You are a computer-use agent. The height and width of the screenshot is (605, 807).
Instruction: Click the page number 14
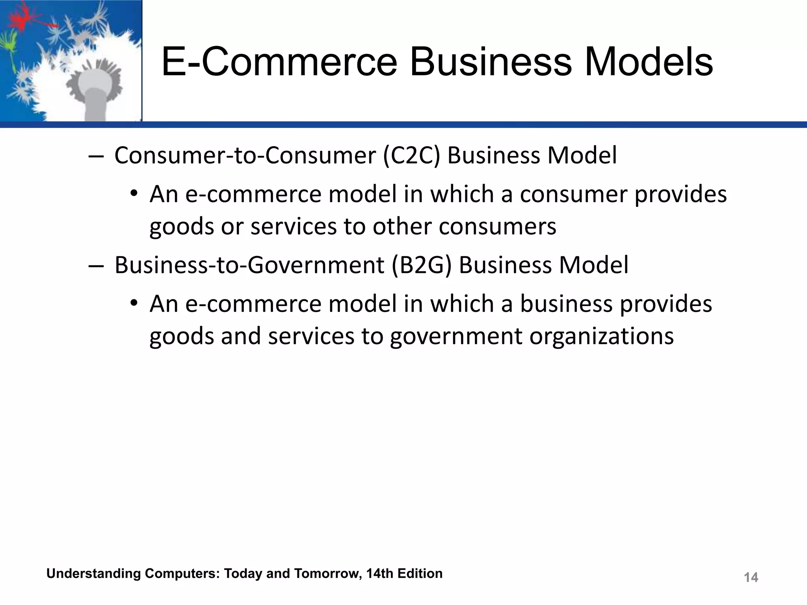click(x=751, y=577)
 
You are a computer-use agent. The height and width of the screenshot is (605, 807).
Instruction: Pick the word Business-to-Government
click(x=249, y=265)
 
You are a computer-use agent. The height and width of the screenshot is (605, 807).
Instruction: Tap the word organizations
click(x=601, y=336)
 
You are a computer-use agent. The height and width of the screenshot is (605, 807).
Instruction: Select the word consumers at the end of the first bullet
click(x=497, y=227)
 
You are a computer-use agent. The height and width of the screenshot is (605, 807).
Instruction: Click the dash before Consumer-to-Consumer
click(x=96, y=156)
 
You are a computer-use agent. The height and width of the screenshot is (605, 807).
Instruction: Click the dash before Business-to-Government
click(x=96, y=266)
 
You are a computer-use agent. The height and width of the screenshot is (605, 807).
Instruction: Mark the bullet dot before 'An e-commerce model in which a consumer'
click(x=134, y=194)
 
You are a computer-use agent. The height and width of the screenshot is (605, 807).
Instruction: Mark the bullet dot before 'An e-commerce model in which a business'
click(x=134, y=304)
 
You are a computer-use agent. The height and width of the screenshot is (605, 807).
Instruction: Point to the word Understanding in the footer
click(x=93, y=574)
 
